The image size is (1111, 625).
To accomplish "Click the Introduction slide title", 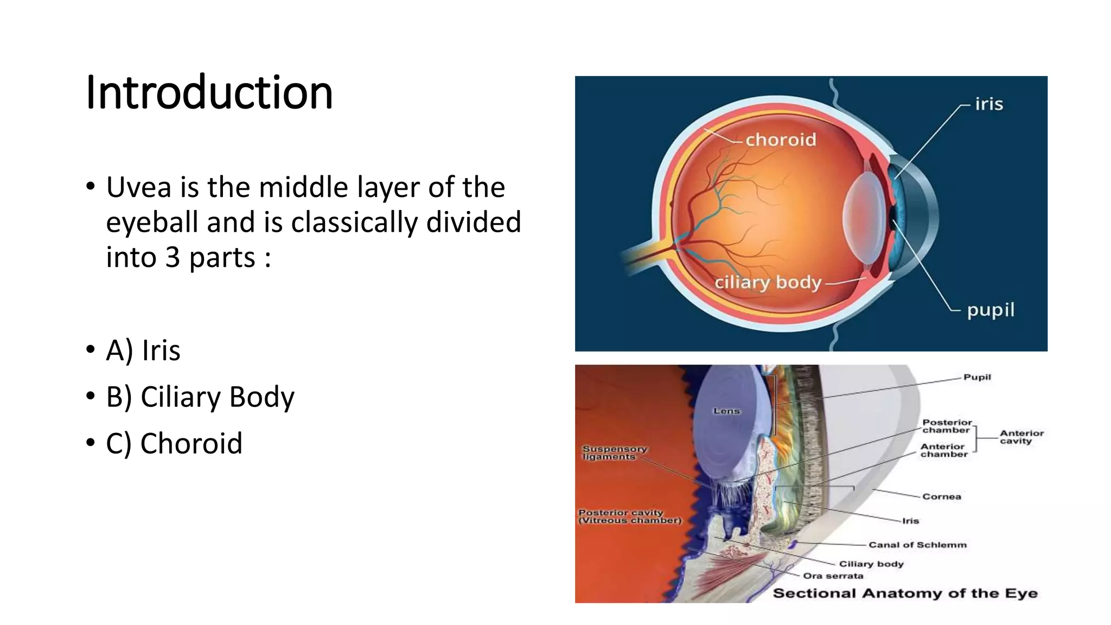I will click(x=209, y=93).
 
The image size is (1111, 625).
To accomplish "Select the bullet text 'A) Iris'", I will click(x=143, y=350).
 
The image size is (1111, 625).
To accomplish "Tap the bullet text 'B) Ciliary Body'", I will click(x=200, y=397).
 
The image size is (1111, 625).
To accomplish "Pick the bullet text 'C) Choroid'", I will click(x=174, y=444).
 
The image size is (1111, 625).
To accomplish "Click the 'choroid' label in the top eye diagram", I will click(x=781, y=140).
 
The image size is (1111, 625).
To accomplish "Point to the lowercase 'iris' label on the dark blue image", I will click(x=989, y=104).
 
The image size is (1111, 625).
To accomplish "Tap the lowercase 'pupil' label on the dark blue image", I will click(x=991, y=310).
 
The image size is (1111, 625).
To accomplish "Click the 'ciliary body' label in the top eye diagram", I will click(x=768, y=283).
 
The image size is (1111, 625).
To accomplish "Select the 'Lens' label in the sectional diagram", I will click(x=726, y=411).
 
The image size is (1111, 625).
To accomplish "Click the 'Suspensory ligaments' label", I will click(x=614, y=453).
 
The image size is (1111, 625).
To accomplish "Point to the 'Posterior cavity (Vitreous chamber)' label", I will click(x=629, y=516).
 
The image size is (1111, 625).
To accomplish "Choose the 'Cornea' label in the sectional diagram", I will click(x=942, y=496).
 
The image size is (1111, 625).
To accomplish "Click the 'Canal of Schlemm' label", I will click(x=917, y=545).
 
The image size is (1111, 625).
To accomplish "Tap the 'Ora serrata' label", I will click(x=833, y=576).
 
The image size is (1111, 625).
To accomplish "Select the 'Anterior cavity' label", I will click(x=1021, y=437).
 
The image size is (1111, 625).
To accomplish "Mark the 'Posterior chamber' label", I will click(x=947, y=426).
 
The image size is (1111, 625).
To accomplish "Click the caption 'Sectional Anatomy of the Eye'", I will click(x=905, y=593).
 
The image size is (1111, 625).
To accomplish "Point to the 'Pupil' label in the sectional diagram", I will click(x=977, y=377).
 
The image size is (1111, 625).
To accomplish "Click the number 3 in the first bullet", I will click(x=173, y=258).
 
